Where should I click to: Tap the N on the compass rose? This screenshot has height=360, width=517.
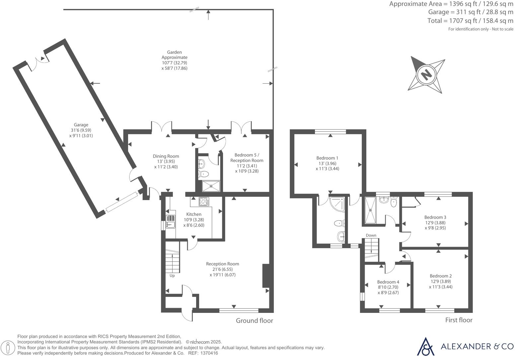[x=426, y=74]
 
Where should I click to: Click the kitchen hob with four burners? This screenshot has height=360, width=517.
[x=203, y=201]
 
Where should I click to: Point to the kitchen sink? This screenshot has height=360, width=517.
[x=171, y=222]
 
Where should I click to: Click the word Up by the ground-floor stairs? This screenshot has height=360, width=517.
[x=172, y=276]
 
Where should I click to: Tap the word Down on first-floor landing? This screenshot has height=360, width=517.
[x=371, y=235]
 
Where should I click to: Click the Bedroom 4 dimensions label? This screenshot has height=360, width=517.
[x=388, y=290]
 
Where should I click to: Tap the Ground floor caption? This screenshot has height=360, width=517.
[x=254, y=321]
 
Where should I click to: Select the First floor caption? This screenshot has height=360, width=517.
[x=459, y=320]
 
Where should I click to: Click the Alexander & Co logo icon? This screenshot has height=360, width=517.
[x=425, y=346]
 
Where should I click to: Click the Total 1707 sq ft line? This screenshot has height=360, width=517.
[x=470, y=21]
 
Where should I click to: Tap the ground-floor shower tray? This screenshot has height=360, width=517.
[x=211, y=186]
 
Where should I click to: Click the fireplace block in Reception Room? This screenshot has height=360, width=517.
[x=266, y=275]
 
